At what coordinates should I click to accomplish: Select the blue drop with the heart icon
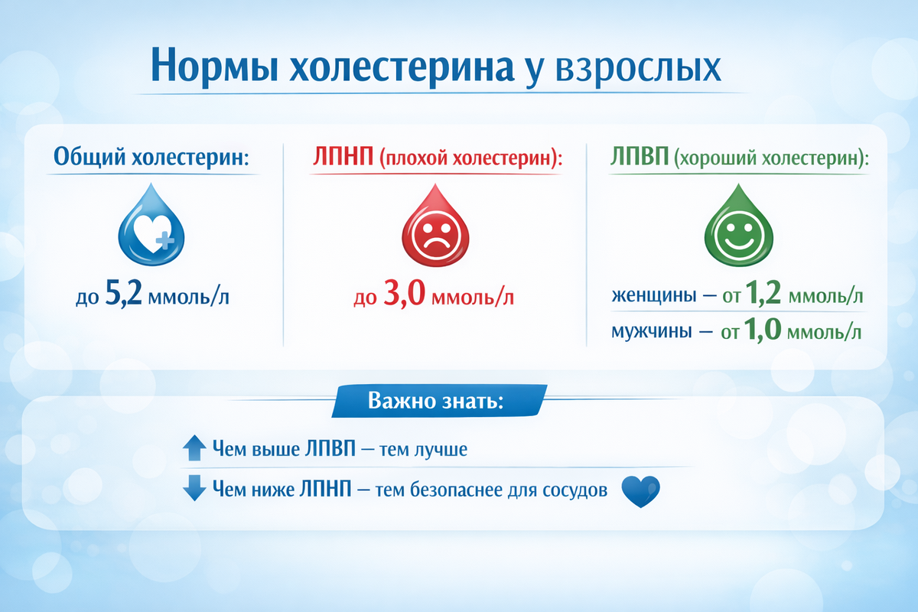(153, 226)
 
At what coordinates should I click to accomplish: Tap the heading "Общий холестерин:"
(153, 158)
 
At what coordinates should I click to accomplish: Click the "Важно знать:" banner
(436, 401)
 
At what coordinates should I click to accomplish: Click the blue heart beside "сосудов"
(640, 491)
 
